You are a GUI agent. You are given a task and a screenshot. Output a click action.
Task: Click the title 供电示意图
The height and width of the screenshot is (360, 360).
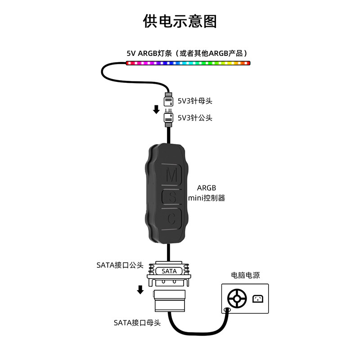pyautogui.click(x=180, y=21)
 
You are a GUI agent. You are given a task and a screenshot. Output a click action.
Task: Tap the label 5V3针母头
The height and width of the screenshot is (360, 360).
pyautogui.click(x=195, y=101)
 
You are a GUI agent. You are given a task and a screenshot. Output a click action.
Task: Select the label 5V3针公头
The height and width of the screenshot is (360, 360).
pyautogui.click(x=195, y=118)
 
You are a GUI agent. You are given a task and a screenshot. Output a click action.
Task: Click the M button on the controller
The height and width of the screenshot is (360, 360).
pyautogui.click(x=171, y=175)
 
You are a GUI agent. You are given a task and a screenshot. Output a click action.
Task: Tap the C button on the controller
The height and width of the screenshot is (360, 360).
pyautogui.click(x=171, y=219)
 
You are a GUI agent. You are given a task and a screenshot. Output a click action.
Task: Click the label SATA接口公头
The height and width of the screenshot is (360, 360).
pyautogui.click(x=120, y=265)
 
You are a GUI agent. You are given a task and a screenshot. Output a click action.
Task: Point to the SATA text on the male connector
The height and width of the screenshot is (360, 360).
pyautogui.click(x=169, y=271)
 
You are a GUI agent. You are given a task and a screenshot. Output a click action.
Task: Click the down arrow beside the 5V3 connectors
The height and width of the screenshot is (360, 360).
pyautogui.click(x=156, y=109)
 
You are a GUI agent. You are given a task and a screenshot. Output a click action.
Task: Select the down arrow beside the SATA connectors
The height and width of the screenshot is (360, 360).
pyautogui.click(x=140, y=289)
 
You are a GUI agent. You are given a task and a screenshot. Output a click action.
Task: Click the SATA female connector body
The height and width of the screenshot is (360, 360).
pyautogui.click(x=170, y=301)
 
